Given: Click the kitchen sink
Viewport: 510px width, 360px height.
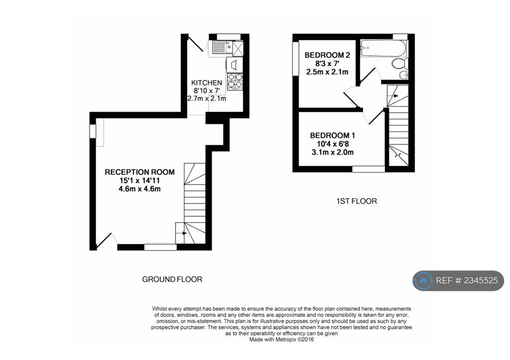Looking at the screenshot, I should [x=219, y=48].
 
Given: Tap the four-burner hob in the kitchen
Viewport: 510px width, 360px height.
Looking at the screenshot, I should [x=234, y=81].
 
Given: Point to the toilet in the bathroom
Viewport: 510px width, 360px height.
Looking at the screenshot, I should [x=399, y=64].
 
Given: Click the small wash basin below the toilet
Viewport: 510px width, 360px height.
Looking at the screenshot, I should [x=404, y=75].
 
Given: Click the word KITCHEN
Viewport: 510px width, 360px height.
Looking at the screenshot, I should [x=207, y=83].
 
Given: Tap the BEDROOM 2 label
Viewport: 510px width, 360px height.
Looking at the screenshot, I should [x=324, y=55].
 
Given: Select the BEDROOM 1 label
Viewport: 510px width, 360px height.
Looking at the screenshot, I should [x=332, y=135].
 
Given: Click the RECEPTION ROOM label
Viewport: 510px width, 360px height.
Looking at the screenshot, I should [x=139, y=172].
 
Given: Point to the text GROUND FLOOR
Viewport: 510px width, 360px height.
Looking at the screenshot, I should [x=172, y=279].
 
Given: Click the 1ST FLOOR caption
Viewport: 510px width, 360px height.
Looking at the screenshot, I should [x=356, y=201].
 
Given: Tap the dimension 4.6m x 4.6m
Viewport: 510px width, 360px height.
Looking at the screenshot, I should [x=139, y=189].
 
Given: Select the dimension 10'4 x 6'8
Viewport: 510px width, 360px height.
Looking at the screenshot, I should [x=333, y=144].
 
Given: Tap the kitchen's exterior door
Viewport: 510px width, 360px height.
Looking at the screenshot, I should [x=195, y=43].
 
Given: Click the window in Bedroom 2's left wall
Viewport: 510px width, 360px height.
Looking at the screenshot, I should [x=295, y=59].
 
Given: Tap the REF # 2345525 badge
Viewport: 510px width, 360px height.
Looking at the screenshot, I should [x=458, y=281].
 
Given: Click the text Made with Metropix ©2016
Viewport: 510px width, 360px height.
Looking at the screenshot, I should [x=281, y=340].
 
